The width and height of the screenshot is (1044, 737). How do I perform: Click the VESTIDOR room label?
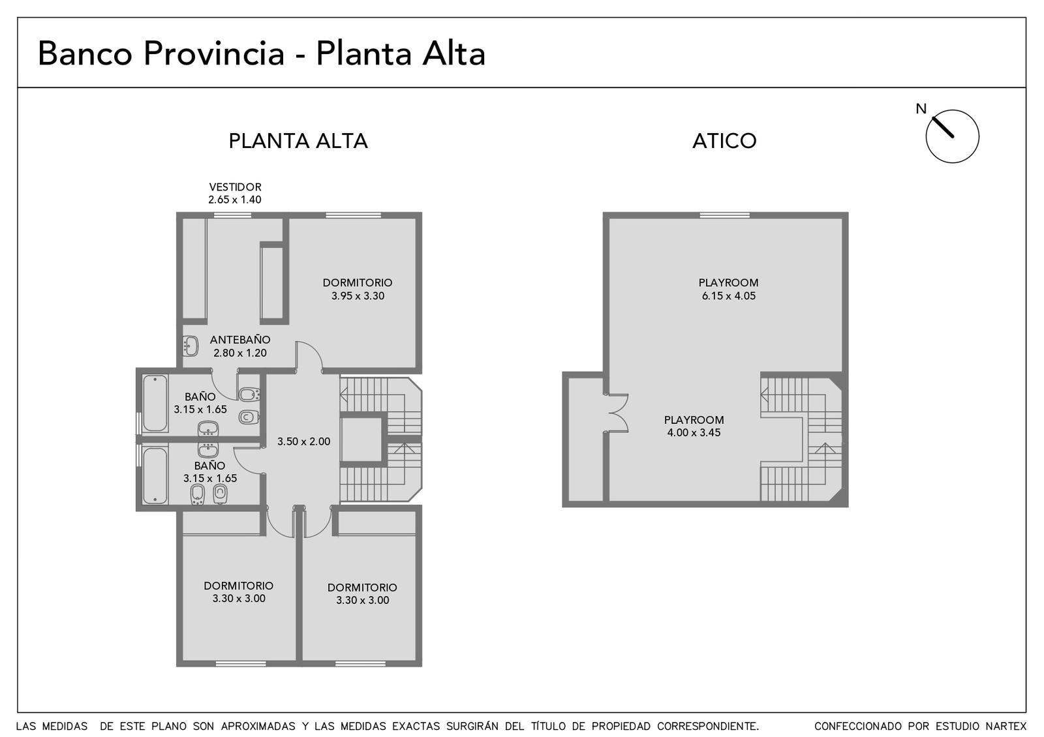pyautogui.click(x=235, y=187)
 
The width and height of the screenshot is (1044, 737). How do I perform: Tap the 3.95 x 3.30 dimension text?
pyautogui.click(x=358, y=296)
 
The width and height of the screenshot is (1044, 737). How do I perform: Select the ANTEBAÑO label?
pyautogui.click(x=240, y=339)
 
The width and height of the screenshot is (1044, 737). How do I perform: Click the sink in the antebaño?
pyautogui.click(x=190, y=346)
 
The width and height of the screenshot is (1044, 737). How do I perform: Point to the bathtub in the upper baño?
pyautogui.click(x=155, y=404)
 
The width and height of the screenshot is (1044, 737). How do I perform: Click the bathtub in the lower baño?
pyautogui.click(x=155, y=475)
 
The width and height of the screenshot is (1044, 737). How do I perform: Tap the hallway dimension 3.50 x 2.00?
pyautogui.click(x=304, y=441)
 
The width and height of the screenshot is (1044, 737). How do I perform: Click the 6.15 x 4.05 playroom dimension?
pyautogui.click(x=728, y=296)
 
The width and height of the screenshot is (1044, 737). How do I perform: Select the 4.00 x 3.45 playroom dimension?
pyautogui.click(x=694, y=432)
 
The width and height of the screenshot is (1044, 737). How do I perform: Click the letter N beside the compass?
pyautogui.click(x=921, y=108)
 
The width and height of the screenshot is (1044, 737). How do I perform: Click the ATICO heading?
pyautogui.click(x=724, y=141)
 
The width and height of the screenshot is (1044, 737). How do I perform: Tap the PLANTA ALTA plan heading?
pyautogui.click(x=298, y=141)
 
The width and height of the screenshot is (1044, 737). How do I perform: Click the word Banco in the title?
pyautogui.click(x=85, y=53)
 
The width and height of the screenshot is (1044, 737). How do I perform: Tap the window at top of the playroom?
pyautogui.click(x=725, y=215)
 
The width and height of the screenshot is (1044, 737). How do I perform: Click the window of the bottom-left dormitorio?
pyautogui.click(x=241, y=663)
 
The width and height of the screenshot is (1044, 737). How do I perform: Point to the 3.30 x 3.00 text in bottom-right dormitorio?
pyautogui.click(x=363, y=600)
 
